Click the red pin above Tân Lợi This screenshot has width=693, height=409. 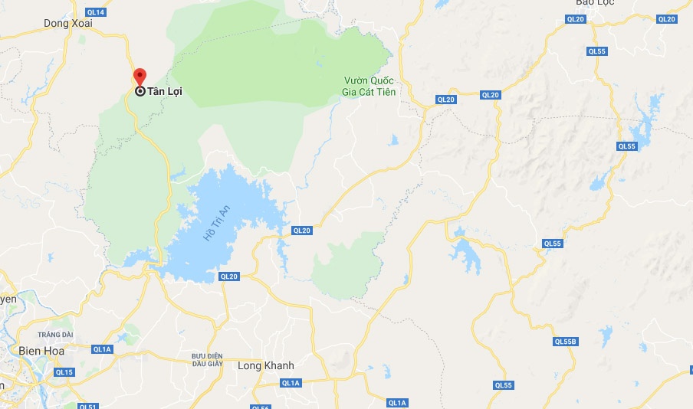pyautogui.click(x=140, y=77)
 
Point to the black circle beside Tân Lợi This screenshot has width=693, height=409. pyautogui.click(x=140, y=91)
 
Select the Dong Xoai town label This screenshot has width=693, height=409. pyautogui.click(x=68, y=24)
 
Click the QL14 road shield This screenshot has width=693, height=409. pyautogui.click(x=96, y=13)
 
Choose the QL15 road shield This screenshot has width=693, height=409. pyautogui.click(x=64, y=372)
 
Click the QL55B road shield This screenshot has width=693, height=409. pyautogui.click(x=566, y=342)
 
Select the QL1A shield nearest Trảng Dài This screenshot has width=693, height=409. pyautogui.click(x=102, y=348)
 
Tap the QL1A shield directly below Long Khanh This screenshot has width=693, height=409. pyautogui.click(x=290, y=382)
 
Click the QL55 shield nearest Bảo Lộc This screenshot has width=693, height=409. pyautogui.click(x=597, y=51)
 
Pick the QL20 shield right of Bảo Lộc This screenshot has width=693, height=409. pyautogui.click(x=666, y=19)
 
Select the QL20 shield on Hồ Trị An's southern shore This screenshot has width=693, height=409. pyautogui.click(x=228, y=276)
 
